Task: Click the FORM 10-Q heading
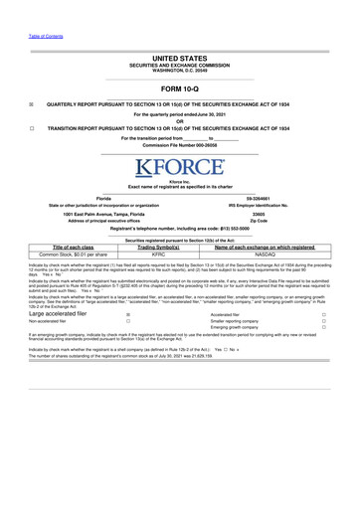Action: pos(179,84)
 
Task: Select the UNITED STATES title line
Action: pos(179,59)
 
